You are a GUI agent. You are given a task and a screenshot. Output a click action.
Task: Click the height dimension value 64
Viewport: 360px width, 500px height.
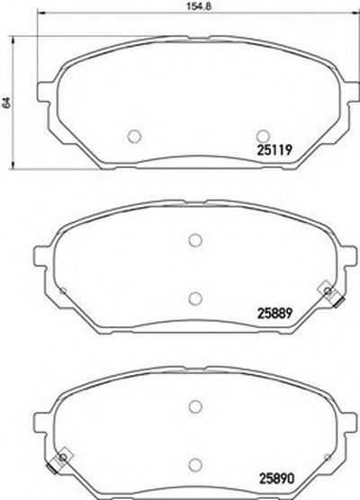point(6,103)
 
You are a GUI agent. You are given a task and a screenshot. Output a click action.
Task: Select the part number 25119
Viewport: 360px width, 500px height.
point(274,149)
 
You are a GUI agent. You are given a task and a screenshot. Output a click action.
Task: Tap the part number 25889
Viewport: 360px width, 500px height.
point(274,313)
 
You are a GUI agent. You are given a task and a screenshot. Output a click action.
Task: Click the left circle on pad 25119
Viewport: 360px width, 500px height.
point(134,136)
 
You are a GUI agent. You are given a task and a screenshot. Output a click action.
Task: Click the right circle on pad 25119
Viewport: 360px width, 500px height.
point(264,136)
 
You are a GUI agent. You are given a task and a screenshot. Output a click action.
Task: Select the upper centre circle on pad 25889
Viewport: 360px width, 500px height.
point(195,240)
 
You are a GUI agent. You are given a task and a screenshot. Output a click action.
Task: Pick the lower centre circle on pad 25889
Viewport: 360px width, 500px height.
point(195,298)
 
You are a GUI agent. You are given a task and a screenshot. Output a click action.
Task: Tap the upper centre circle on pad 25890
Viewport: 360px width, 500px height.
point(195,406)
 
